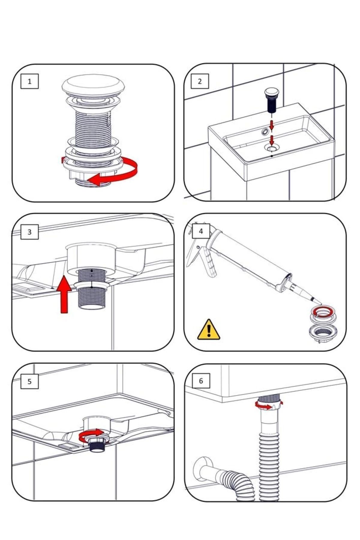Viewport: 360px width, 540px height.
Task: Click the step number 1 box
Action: tap(29, 81)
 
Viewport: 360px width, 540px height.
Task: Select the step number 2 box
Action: tap(200, 81)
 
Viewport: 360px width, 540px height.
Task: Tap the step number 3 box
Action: tap(29, 232)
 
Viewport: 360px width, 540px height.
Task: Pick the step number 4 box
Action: tap(201, 231)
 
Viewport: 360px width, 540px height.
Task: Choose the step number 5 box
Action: tap(29, 381)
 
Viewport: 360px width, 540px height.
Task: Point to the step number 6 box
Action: tap(201, 381)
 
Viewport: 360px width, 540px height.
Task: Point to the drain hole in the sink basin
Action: tap(272, 147)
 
